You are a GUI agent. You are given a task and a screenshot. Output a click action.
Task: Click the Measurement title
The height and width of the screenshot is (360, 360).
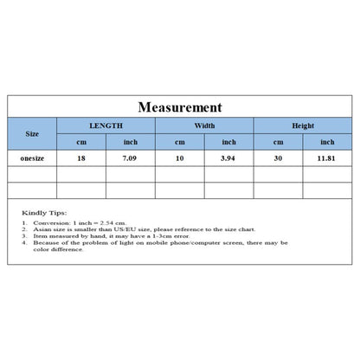180,107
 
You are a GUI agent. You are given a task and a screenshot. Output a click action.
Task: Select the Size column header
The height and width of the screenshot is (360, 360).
32,134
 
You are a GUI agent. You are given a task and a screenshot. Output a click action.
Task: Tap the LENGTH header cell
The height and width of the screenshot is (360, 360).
106,125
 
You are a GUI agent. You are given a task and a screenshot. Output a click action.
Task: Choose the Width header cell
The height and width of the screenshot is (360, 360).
204,125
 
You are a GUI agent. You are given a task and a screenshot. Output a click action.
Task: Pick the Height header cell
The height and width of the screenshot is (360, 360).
303,125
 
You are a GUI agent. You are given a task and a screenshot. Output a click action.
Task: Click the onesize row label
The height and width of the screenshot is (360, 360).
32,158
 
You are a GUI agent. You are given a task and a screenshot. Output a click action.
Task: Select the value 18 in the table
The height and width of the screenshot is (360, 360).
81,158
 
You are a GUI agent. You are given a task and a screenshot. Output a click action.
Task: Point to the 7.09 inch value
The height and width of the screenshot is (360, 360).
131,158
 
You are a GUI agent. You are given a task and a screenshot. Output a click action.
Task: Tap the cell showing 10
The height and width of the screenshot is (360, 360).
180,158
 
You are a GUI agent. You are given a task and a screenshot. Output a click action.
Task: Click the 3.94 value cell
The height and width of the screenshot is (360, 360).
228,158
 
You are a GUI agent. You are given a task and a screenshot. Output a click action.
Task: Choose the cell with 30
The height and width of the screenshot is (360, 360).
278,158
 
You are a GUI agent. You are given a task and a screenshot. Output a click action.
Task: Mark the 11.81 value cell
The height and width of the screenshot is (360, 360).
327,158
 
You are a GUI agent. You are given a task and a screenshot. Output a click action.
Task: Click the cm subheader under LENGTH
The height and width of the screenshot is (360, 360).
81,142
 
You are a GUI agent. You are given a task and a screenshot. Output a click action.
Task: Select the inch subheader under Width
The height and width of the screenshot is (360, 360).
228,142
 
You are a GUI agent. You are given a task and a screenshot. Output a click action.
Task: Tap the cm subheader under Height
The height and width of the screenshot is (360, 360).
278,142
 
